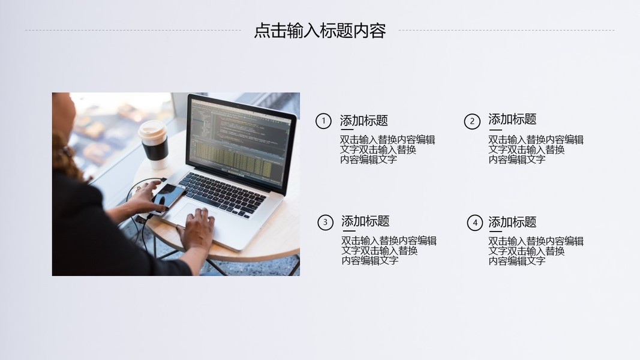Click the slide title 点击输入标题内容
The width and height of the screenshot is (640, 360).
point(320,31)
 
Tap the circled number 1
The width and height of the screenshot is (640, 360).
point(323,121)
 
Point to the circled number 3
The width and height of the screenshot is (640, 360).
point(325,223)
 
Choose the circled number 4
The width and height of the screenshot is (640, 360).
point(474,223)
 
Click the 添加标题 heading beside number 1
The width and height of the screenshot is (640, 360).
point(363,121)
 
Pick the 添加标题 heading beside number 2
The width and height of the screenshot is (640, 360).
point(512,119)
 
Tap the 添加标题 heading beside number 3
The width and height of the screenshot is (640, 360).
point(365,221)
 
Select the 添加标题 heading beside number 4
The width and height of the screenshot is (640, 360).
point(512,223)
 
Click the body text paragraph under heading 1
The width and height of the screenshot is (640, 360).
point(387,150)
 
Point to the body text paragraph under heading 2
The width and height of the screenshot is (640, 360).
point(536,150)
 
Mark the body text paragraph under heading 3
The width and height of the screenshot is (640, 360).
point(389,251)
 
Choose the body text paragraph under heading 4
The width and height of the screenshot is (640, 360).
point(536,251)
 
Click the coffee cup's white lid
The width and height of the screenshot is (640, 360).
point(153,130)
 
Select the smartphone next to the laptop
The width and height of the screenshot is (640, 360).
point(168,198)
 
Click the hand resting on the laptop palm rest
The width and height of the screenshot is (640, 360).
point(197,229)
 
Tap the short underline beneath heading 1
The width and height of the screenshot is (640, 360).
point(347,130)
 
